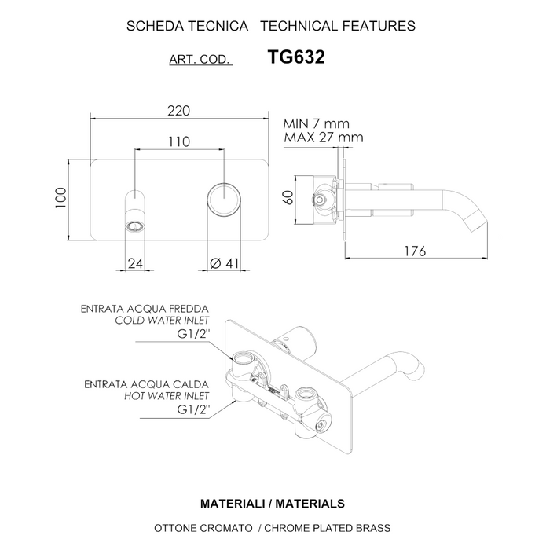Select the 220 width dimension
tap(179, 112)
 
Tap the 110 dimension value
tap(180, 141)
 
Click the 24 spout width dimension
tap(134, 264)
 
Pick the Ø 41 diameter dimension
tap(225, 264)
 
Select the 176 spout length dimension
tap(414, 251)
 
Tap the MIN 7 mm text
tap(317, 123)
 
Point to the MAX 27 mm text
tap(323, 137)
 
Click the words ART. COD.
tap(200, 60)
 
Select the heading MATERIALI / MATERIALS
tap(273, 502)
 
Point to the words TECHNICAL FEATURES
tap(337, 26)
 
